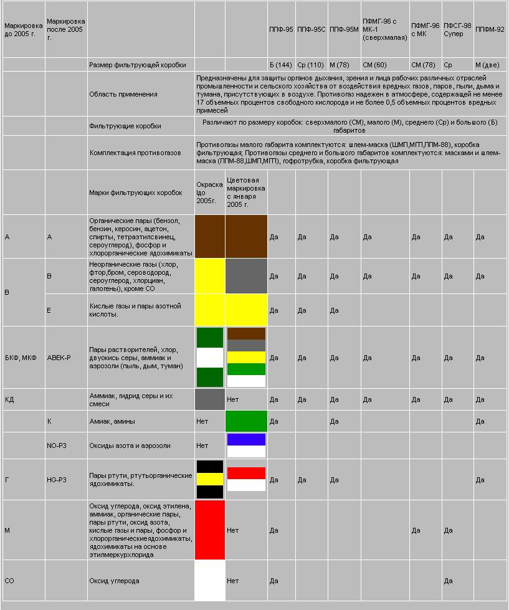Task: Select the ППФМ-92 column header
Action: point(489,29)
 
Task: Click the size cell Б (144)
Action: point(281,65)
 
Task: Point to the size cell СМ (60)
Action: point(374,65)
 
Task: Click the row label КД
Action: point(9,399)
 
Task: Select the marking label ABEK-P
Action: point(59,358)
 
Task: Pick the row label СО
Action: point(9,581)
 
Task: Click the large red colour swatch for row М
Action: point(210,530)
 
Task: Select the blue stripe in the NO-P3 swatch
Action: point(246,439)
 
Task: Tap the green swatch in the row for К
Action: point(246,421)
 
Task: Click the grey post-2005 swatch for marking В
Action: point(246,276)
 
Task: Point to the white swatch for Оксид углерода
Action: point(210,581)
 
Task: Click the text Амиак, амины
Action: point(112,421)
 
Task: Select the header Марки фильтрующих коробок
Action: point(136,193)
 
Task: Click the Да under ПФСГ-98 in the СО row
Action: point(448,581)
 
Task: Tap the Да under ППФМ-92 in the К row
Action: point(480,421)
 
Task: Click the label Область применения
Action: point(123,94)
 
